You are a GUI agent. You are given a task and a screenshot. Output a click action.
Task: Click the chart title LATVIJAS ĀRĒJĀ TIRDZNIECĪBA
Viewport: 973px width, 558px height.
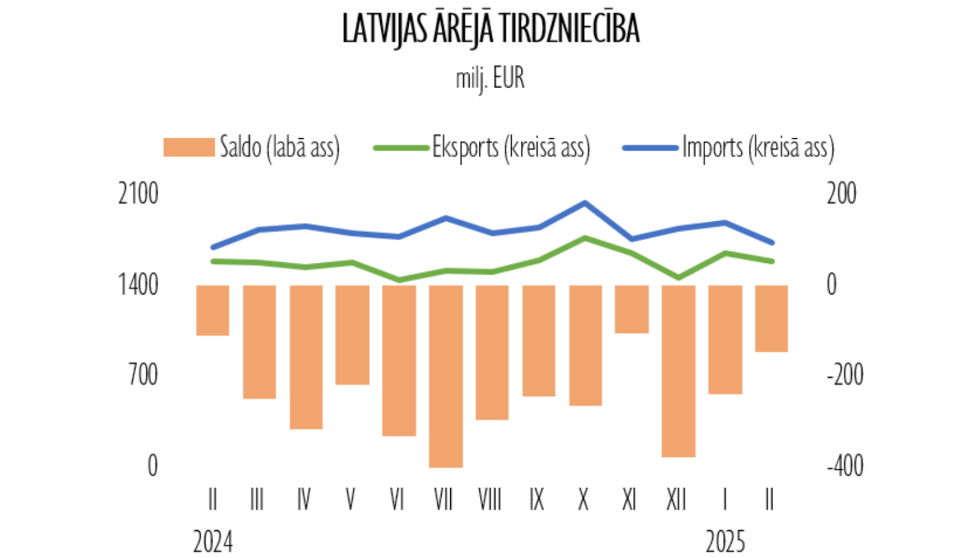[490, 29]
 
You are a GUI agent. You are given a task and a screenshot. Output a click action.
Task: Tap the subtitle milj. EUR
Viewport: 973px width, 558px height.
[490, 79]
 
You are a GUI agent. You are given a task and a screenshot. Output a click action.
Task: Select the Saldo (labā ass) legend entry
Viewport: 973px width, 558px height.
[252, 147]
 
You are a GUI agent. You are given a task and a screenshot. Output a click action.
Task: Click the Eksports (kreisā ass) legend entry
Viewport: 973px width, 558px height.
[482, 147]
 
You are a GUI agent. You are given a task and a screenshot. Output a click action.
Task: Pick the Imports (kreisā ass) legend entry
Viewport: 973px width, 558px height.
[728, 147]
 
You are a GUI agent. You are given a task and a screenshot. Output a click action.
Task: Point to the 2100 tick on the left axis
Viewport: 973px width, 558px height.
[138, 194]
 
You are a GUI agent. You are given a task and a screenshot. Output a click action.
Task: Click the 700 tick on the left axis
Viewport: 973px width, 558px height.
[143, 375]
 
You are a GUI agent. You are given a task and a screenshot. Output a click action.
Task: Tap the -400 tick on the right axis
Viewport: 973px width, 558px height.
[845, 466]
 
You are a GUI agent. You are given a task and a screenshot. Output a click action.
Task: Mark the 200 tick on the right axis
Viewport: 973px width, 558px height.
[841, 194]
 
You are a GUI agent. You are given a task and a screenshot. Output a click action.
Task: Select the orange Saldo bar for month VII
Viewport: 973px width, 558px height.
[446, 376]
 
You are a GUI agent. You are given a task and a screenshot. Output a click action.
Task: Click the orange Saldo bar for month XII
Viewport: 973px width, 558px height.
[679, 371]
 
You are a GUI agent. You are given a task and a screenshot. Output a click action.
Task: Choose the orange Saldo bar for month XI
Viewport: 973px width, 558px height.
[632, 309]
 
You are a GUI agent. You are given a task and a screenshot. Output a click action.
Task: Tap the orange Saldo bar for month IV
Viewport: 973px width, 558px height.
[306, 357]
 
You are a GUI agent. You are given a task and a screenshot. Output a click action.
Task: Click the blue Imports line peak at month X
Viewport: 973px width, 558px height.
[585, 203]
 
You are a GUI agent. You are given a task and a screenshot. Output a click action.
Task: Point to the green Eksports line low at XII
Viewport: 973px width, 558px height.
[679, 278]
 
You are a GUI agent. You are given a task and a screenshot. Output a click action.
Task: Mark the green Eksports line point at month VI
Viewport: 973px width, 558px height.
[399, 280]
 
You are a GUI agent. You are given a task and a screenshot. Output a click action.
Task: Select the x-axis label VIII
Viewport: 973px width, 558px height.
[490, 500]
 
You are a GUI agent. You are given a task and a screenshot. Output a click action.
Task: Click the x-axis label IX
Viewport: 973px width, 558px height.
[536, 500]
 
